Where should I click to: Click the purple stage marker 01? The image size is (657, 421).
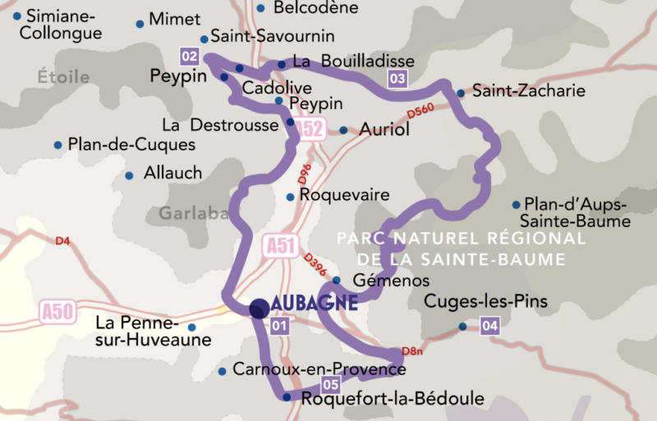point(279,327)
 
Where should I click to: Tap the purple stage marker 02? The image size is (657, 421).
point(190,56)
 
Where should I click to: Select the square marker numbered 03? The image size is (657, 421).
point(397,79)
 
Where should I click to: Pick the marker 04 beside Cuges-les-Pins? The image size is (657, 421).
point(490,326)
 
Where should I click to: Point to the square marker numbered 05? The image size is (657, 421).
point(331,384)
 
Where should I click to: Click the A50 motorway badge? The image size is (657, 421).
point(57,310)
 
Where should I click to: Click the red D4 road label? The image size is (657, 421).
point(63,241)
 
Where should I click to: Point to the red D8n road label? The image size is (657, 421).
point(411,352)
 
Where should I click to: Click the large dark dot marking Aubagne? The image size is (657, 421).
point(259,308)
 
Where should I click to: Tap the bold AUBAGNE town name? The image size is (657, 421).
point(315,303)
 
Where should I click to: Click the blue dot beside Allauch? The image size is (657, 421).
point(129,175)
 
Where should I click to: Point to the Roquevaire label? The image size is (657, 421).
point(344,196)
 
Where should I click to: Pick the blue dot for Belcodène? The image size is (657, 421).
point(260,8)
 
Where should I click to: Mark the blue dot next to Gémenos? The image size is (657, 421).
point(336,280)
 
